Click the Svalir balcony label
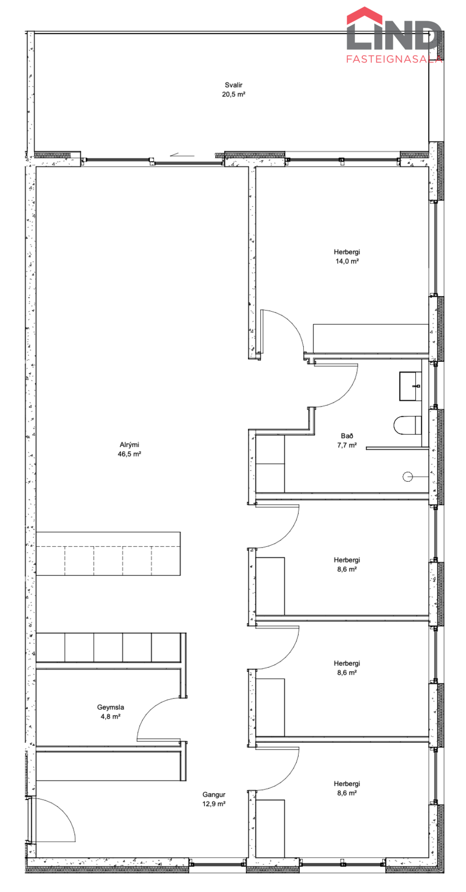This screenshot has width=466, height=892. (x=234, y=85)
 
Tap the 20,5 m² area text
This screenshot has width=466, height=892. (x=234, y=94)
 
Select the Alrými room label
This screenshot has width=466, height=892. (x=129, y=445)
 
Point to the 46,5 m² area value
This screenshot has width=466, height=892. (x=129, y=454)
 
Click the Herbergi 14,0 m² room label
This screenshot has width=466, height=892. (x=347, y=256)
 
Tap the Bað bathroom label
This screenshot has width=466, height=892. (x=347, y=436)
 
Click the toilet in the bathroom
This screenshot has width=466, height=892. (x=407, y=425)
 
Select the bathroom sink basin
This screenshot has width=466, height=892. (x=410, y=386)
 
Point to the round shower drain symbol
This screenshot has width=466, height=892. (x=407, y=476)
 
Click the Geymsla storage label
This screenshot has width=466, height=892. (x=111, y=707)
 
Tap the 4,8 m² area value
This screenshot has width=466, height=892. (x=111, y=716)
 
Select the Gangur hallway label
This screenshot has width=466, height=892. (x=214, y=794)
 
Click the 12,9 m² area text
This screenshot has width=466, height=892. (x=214, y=803)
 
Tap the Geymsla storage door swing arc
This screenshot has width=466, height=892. (x=149, y=709)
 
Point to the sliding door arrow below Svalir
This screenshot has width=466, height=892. (x=182, y=156)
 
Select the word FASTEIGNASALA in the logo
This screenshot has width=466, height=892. (x=394, y=59)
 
